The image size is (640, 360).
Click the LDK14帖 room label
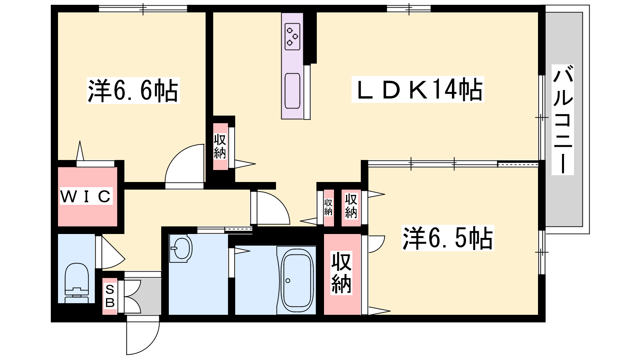point(418,89)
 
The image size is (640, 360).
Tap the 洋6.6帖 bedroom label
point(133,90)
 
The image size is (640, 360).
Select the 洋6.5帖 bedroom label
point(448,238)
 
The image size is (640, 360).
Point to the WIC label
point(86,196)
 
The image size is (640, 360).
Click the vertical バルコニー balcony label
point(562,120)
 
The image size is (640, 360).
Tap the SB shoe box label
point(110,296)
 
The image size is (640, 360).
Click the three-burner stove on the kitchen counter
point(292,37)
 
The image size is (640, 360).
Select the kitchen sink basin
point(292,91)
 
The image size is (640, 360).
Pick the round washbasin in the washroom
point(182,248)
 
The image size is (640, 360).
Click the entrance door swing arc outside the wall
point(143,335)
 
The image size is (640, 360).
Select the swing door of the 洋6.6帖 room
point(185,166)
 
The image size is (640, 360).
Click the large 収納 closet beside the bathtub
point(342,274)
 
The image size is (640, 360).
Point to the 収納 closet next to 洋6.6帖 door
point(220,146)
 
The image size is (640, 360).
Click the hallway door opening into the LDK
point(270,208)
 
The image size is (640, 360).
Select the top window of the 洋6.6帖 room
point(143,9)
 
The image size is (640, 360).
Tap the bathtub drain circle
point(288,280)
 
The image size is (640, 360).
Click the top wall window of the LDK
point(409,9)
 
